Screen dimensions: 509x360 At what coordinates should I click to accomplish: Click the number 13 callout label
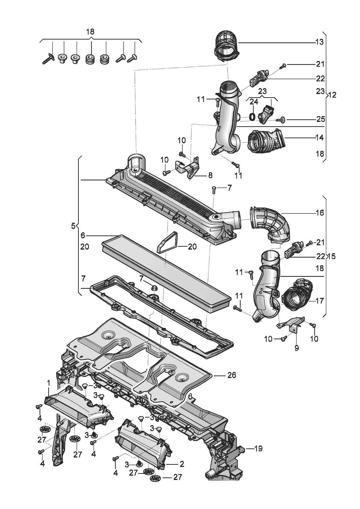tap(319, 42)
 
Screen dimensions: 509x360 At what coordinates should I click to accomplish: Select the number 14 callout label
tap(319, 138)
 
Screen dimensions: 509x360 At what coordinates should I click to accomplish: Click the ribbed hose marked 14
tap(265, 141)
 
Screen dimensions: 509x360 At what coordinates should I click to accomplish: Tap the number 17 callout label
tap(319, 301)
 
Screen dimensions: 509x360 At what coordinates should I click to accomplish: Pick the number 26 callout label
tap(232, 375)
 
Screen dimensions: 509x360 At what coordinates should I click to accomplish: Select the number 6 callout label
tap(83, 235)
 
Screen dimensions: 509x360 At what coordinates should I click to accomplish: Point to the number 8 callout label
tap(210, 175)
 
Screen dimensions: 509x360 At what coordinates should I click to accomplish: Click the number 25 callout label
tap(320, 119)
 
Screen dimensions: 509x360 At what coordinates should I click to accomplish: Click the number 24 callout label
tap(254, 102)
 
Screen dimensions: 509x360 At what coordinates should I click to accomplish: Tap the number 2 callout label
tap(182, 464)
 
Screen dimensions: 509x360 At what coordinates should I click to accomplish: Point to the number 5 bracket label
tap(73, 226)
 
